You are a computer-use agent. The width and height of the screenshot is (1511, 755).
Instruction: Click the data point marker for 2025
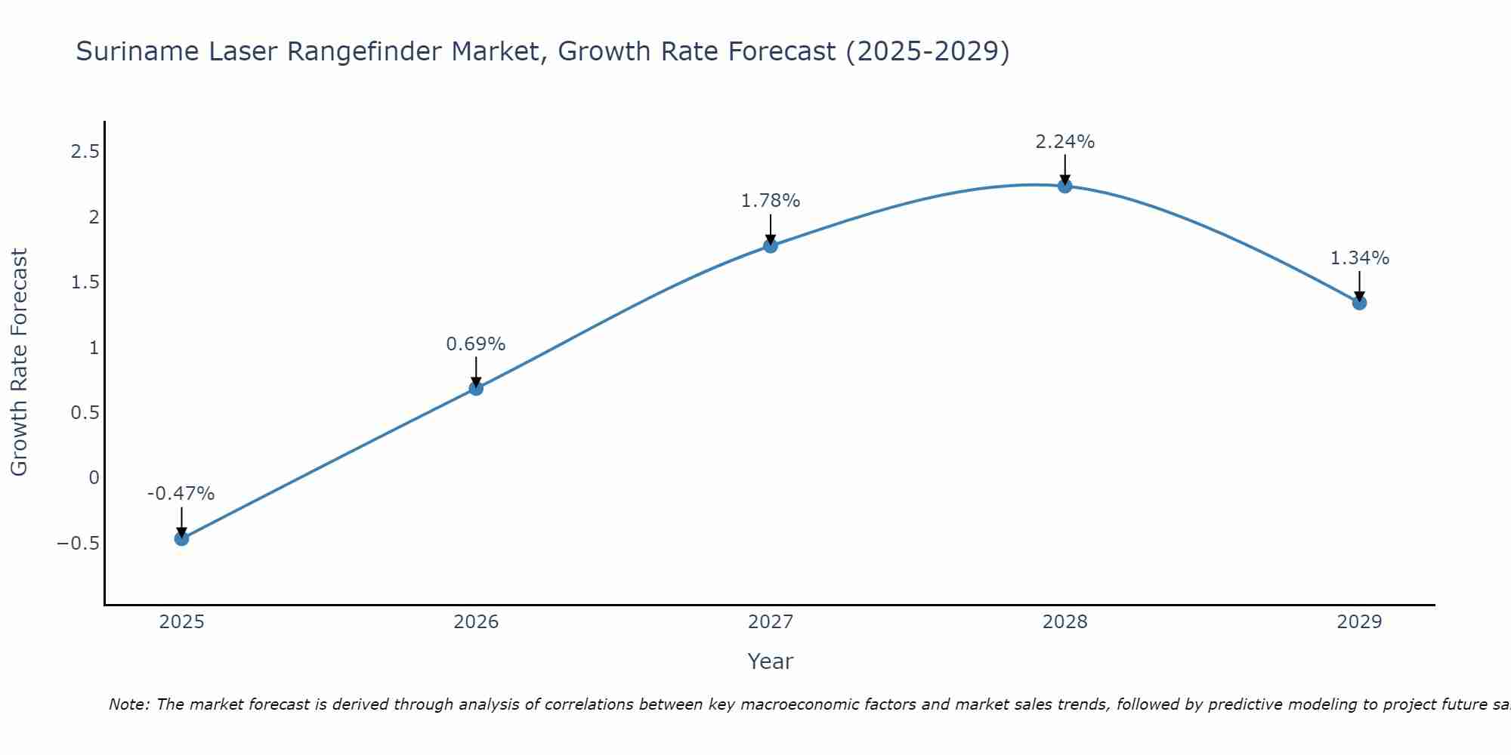(x=181, y=538)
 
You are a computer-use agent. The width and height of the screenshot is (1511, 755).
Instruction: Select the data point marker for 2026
(x=476, y=388)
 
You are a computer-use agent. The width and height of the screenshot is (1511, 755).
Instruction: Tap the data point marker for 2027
(x=771, y=245)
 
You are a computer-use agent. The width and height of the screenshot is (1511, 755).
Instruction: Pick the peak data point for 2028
(x=1064, y=186)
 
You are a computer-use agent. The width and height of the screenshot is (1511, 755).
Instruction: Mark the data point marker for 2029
(x=1359, y=303)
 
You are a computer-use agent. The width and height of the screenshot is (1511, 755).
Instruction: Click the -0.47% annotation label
(x=181, y=494)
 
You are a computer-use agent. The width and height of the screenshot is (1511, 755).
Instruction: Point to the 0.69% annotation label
(x=475, y=344)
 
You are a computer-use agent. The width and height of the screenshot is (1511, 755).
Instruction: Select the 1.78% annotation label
(x=770, y=201)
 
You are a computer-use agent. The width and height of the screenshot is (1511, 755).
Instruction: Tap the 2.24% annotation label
(x=1064, y=142)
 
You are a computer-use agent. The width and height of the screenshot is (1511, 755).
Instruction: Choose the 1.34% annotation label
(x=1359, y=258)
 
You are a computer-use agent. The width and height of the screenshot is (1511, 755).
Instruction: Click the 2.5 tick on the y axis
(x=85, y=152)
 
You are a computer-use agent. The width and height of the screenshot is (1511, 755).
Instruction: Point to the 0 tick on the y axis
(x=94, y=477)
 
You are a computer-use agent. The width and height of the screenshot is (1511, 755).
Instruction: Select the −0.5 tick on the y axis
(x=78, y=543)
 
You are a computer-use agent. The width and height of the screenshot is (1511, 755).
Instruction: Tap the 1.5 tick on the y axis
(x=85, y=282)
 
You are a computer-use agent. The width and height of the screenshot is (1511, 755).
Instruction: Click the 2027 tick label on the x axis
(x=770, y=622)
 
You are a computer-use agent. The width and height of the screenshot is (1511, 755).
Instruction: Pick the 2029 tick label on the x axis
(x=1359, y=622)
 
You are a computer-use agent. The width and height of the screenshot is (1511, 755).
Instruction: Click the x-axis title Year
(x=770, y=661)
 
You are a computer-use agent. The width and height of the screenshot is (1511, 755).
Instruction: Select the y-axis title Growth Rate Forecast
(x=19, y=362)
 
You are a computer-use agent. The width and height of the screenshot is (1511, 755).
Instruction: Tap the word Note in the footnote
(x=128, y=704)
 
